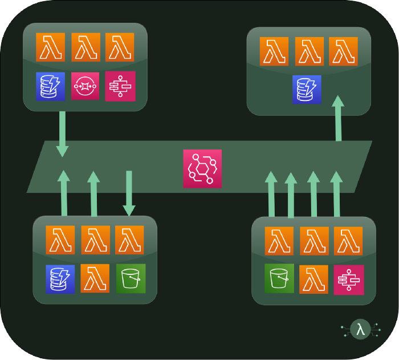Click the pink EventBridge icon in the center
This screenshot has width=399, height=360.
tap(202, 168)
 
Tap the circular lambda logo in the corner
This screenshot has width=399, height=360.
tap(360, 329)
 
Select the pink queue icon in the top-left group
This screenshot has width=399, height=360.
tap(85, 86)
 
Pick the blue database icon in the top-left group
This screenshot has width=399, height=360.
tap(50, 86)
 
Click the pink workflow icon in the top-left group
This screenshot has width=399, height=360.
tap(120, 86)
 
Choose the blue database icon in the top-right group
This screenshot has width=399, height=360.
tap(307, 89)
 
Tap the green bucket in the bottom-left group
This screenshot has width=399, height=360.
tap(131, 278)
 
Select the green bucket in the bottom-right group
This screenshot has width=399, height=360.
tap(279, 278)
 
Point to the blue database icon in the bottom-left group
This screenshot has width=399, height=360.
tap(60, 278)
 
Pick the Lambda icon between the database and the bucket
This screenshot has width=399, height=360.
tap(95, 278)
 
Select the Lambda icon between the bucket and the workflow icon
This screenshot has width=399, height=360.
tap(314, 278)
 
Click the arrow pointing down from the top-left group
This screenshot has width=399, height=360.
tap(62, 134)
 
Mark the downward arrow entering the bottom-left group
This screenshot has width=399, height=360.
tap(129, 194)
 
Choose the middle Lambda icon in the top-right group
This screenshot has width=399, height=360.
tap(309, 51)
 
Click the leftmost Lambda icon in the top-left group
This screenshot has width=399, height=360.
tap(50, 47)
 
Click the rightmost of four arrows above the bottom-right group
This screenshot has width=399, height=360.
tap(337, 194)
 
